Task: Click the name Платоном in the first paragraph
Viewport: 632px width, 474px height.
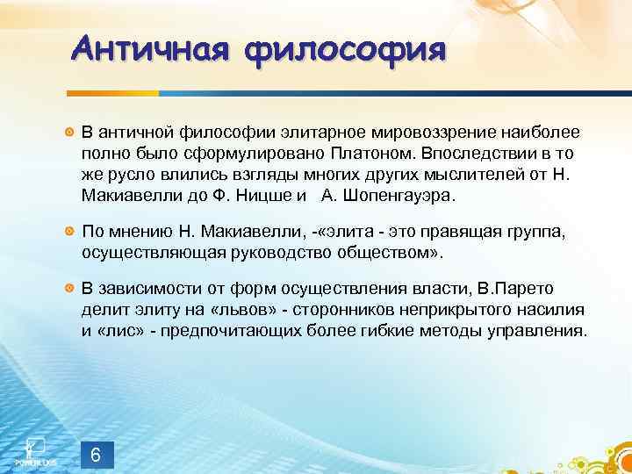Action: click(383, 153)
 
